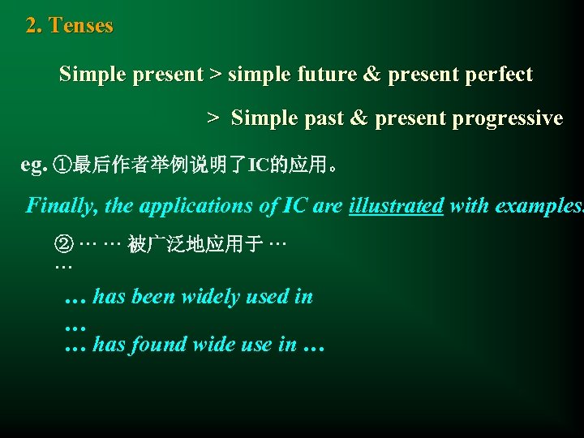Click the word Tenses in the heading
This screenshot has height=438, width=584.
[81, 26]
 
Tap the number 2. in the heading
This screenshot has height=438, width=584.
[34, 26]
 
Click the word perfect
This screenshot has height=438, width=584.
[500, 75]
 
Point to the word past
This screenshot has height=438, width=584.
[326, 118]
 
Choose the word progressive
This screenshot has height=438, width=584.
[507, 118]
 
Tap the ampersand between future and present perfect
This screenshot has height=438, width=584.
[371, 75]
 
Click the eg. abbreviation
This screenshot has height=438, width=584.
[34, 165]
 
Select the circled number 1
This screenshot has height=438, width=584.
[62, 165]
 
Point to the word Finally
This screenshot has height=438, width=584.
[62, 205]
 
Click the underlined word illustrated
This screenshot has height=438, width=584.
[396, 205]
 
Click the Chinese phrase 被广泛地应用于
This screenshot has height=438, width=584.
[195, 244]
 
